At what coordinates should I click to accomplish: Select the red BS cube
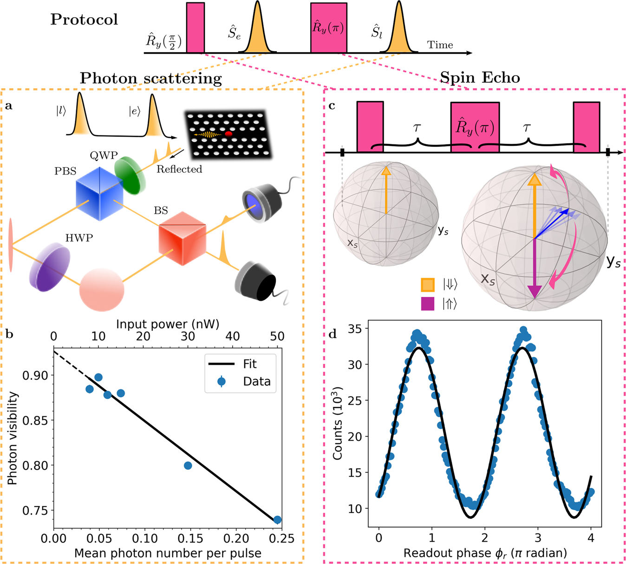182,238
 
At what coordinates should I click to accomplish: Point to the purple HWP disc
50,269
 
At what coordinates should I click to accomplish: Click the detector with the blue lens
261,201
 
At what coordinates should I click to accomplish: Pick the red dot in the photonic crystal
228,134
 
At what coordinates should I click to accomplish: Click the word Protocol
84,20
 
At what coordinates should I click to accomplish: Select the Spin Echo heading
480,77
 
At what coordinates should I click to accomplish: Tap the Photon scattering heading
150,78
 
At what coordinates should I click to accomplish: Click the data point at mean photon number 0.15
188,466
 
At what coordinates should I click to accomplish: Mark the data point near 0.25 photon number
277,520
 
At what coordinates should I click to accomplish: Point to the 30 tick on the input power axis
188,336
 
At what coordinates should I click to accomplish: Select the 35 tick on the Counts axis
356,328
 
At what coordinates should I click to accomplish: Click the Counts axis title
338,423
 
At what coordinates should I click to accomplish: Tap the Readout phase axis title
485,553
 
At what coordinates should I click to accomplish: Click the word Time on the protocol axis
440,45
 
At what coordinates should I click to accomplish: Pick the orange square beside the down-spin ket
427,284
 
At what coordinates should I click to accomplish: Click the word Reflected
179,169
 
